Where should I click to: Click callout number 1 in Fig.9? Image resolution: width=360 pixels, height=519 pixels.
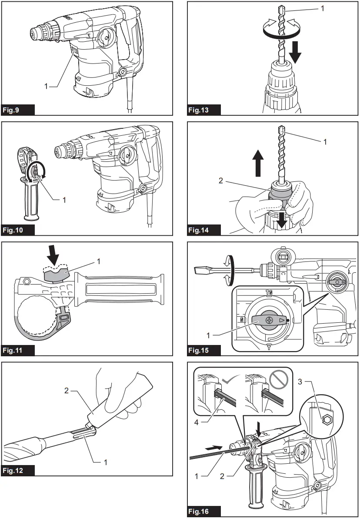click(46, 86)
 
